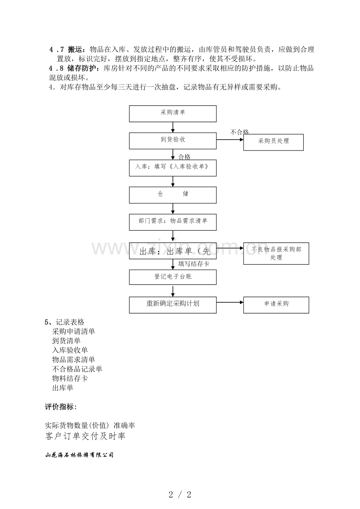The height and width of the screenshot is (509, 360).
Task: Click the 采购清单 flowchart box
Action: tap(173, 114)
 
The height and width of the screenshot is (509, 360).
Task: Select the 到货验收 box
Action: tap(173, 141)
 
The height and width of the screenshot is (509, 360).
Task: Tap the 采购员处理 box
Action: tap(274, 142)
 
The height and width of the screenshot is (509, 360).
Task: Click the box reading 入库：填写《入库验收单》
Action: tap(173, 168)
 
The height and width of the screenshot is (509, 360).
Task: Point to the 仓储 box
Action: tap(173, 195)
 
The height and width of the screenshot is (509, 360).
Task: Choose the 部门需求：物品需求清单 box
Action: tap(173, 222)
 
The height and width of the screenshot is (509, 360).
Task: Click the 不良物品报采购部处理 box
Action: tap(276, 253)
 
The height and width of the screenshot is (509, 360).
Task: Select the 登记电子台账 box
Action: tap(173, 277)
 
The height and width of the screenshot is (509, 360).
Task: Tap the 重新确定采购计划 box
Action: tap(173, 305)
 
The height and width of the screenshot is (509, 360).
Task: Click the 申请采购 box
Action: tap(276, 305)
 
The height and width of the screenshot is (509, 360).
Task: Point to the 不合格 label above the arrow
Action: tap(239, 132)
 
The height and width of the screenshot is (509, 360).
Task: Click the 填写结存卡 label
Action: tap(194, 263)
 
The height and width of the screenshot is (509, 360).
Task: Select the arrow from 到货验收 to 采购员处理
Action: tap(230, 140)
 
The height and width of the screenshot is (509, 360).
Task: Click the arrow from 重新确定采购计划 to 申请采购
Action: tap(230, 302)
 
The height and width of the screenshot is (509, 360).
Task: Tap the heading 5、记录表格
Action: tap(64, 322)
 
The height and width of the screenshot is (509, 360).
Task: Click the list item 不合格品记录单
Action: tap(77, 369)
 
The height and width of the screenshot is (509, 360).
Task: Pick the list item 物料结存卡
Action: tap(70, 378)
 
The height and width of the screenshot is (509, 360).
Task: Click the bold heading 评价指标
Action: tap(61, 407)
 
